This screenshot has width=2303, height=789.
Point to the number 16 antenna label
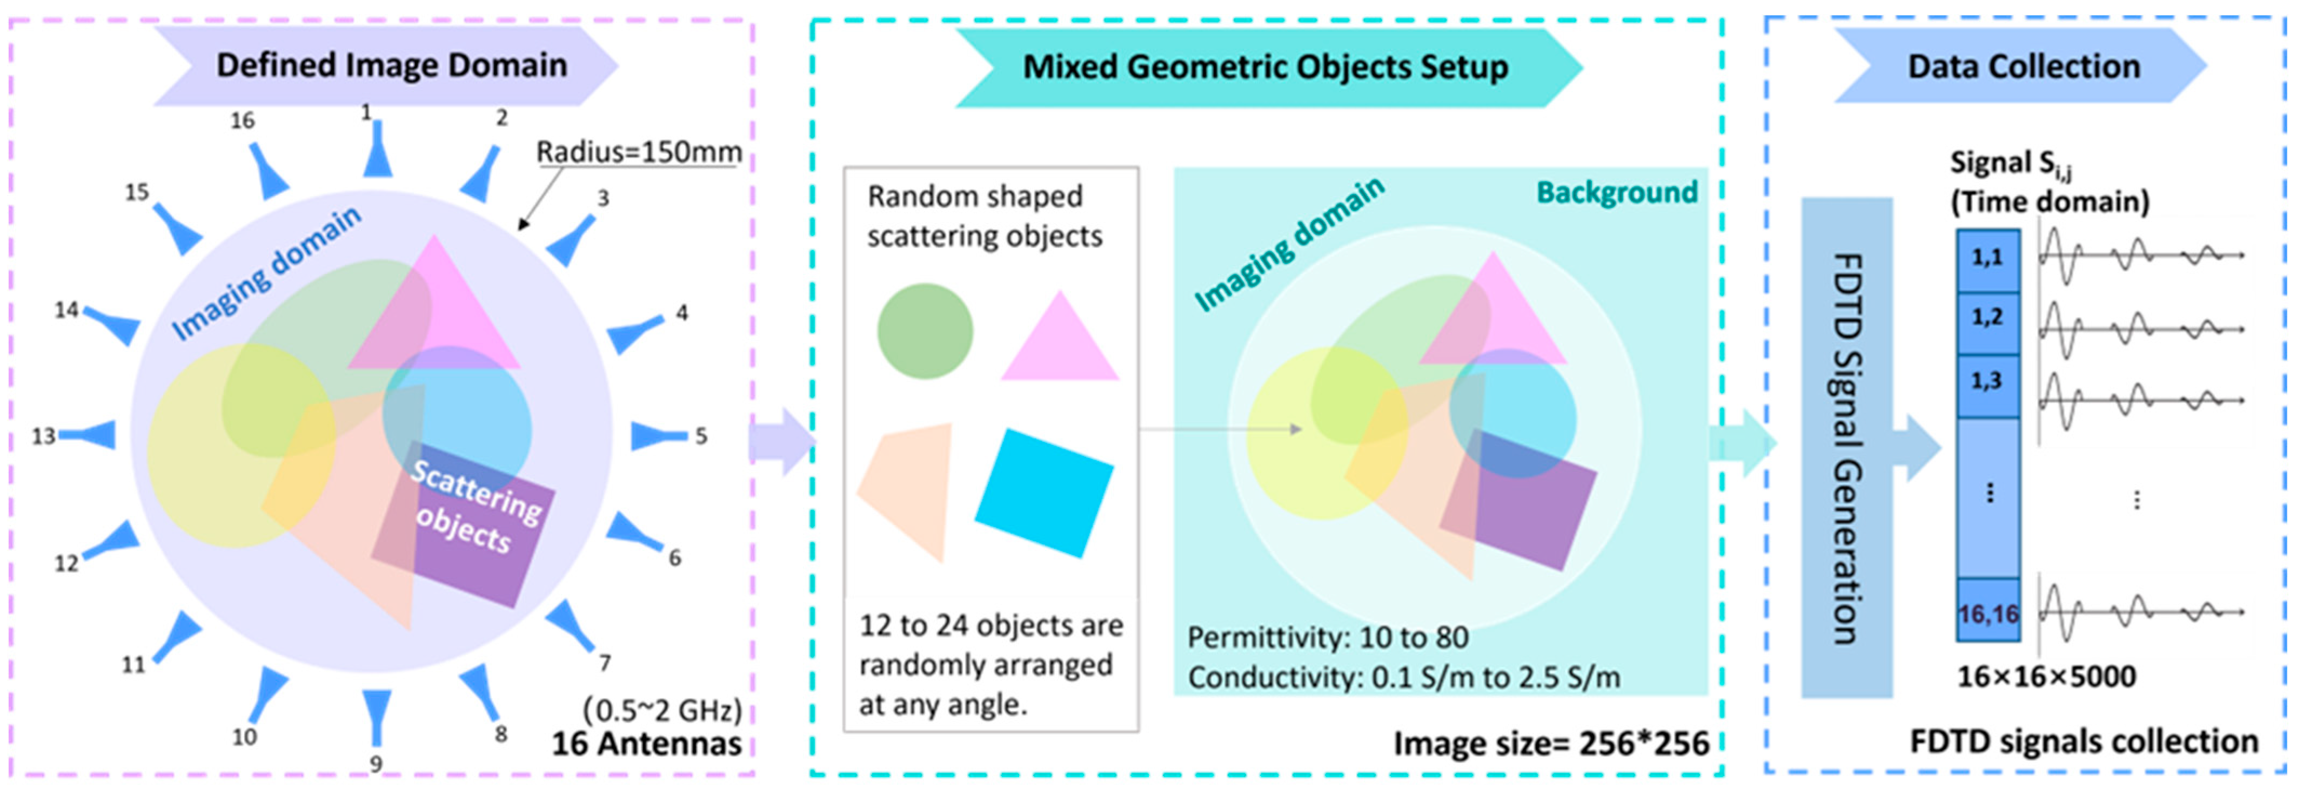point(242,120)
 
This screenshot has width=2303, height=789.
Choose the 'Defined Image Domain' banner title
point(392,65)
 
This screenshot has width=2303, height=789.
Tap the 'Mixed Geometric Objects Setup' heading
point(1265,67)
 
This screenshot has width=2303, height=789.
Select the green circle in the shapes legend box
point(925,331)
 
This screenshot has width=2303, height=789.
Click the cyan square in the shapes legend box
point(1044,493)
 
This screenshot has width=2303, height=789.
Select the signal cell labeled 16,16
point(1987,613)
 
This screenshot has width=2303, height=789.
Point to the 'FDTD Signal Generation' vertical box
point(1846,447)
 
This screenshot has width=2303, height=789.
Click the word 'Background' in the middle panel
point(1616,192)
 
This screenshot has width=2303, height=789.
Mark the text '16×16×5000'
point(2046,677)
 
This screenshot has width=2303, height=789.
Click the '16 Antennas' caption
point(646,744)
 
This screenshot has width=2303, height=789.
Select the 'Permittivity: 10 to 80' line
point(1328,638)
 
